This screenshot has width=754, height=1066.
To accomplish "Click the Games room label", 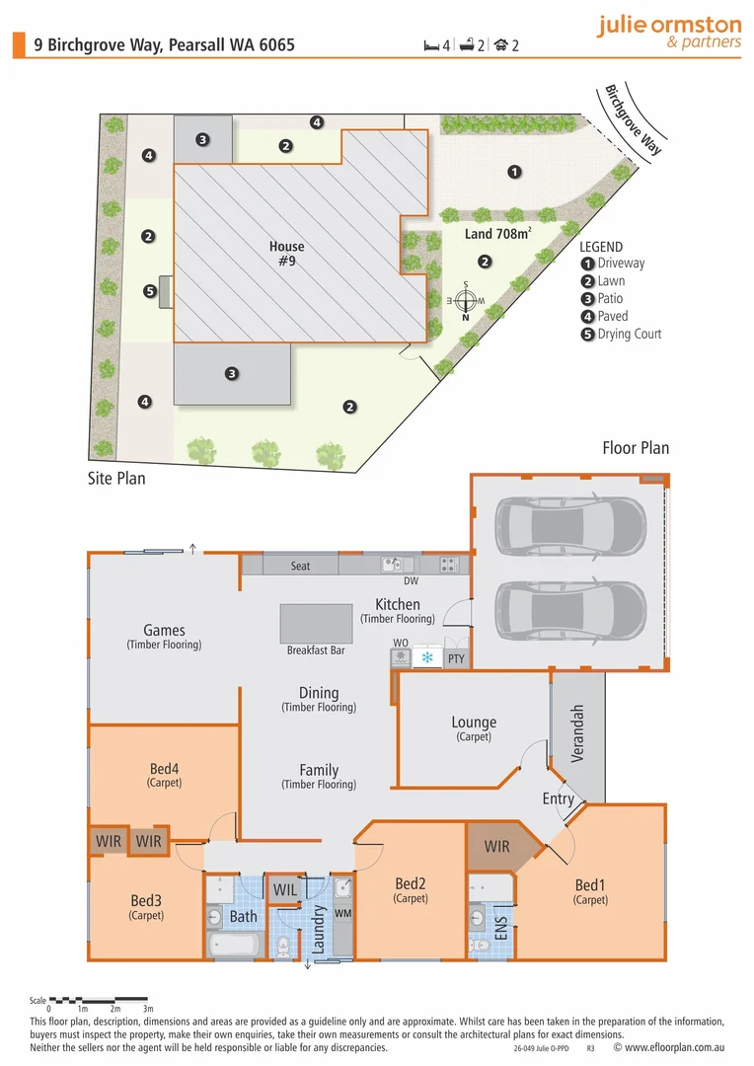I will tap(164, 631).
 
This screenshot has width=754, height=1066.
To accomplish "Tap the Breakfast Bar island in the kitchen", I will tap(317, 622).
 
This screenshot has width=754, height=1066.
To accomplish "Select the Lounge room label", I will tap(474, 723).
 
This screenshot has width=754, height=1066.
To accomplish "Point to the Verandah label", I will tap(578, 733).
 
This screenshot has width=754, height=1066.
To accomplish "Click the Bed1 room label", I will tap(591, 884).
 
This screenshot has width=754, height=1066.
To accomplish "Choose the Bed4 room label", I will tap(164, 769).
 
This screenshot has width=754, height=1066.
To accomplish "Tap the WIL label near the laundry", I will tap(285, 890).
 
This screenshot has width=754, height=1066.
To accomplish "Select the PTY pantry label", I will tap(456, 658).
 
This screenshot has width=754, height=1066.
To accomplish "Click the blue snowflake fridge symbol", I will tap(427, 657).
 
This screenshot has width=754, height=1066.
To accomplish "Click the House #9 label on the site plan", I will tap(286, 254).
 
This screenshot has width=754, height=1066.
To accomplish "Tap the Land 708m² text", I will tap(498, 235).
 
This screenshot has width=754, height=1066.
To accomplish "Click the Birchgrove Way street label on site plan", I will tap(632, 119).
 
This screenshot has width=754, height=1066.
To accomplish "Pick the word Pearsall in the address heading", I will tap(201, 44).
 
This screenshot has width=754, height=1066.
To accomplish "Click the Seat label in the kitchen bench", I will tap(300, 566).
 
